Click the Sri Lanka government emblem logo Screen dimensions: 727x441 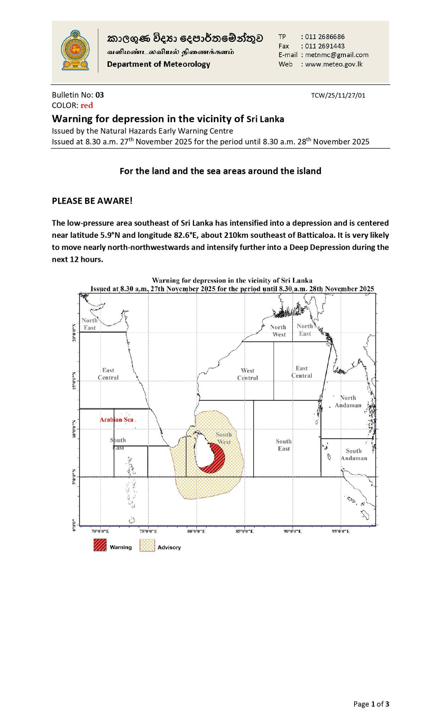click(x=75, y=50)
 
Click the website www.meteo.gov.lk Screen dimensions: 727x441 click(x=333, y=64)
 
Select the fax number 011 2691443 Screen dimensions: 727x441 click(x=325, y=46)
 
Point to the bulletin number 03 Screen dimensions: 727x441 click(x=100, y=95)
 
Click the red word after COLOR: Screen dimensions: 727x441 click(x=87, y=105)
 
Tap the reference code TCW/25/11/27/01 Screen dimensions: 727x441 click(x=338, y=95)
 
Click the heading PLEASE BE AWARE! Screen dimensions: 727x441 click(x=92, y=201)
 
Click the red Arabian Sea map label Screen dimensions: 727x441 click(x=116, y=420)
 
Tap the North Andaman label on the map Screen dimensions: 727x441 click(x=348, y=401)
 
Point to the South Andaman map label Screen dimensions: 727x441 click(x=354, y=454)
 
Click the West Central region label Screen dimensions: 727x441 click(x=248, y=374)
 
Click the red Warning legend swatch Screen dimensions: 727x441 click(x=100, y=545)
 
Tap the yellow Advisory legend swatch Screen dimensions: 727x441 click(x=147, y=545)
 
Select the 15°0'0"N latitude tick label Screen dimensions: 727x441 click(x=74, y=381)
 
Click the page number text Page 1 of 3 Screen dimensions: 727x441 click(x=371, y=704)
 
